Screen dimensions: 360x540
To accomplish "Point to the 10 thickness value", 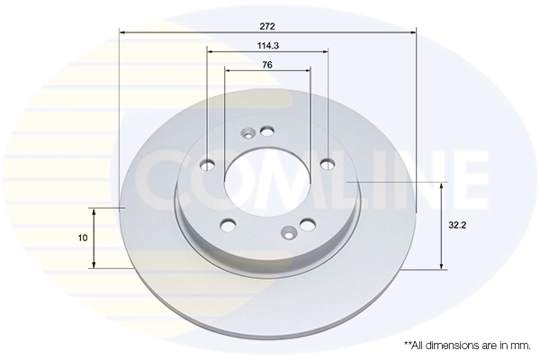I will pyautogui.click(x=83, y=238).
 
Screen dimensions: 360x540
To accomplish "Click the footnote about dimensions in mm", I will pyautogui.click(x=467, y=346).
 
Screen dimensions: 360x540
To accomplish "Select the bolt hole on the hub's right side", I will pyautogui.click(x=328, y=164).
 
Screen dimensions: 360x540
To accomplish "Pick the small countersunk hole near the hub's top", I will pyautogui.click(x=248, y=136).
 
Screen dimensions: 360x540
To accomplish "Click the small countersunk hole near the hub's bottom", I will pyautogui.click(x=287, y=234).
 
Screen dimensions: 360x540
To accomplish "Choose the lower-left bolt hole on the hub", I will pyautogui.click(x=228, y=225).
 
